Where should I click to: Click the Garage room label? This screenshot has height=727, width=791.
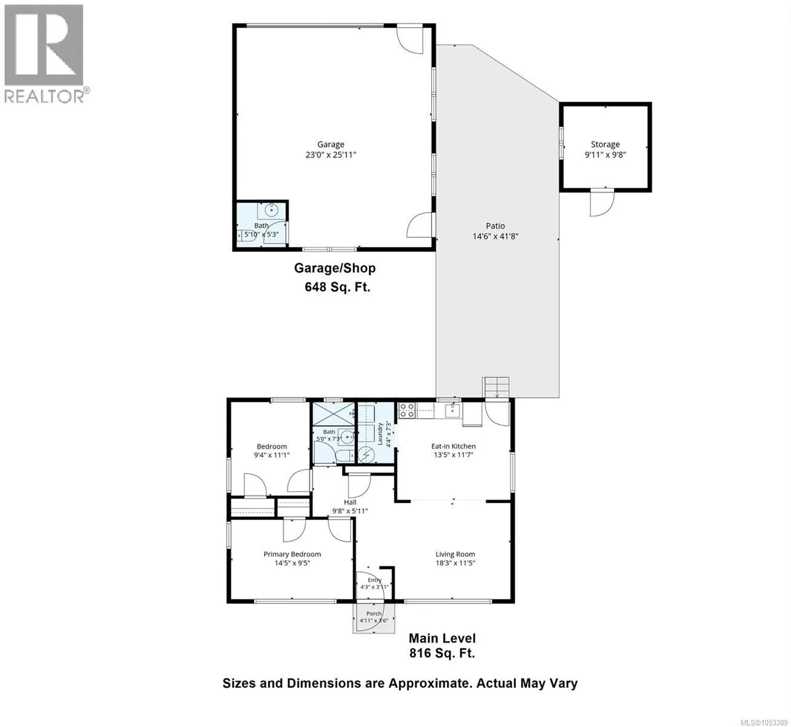click(x=331, y=144)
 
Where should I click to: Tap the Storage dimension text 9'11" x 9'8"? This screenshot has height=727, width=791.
click(x=605, y=154)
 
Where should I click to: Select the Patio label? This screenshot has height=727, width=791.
click(x=495, y=225)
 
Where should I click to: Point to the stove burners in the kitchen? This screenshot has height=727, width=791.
click(x=406, y=410)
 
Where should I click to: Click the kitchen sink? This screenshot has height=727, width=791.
click(x=452, y=410)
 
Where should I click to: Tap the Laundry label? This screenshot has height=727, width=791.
click(x=380, y=434)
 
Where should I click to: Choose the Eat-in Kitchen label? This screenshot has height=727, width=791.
click(x=453, y=446)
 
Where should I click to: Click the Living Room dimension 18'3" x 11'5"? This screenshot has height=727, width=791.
click(x=455, y=562)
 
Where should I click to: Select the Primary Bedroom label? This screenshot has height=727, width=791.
click(x=292, y=554)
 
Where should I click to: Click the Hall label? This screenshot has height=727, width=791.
click(x=349, y=502)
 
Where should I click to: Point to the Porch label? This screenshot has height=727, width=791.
click(x=374, y=613)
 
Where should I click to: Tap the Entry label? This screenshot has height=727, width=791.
click(x=374, y=580)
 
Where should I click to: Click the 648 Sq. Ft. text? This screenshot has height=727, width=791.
click(x=337, y=287)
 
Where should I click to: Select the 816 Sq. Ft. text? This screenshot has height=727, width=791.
click(x=442, y=653)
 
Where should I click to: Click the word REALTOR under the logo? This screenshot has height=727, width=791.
click(x=44, y=96)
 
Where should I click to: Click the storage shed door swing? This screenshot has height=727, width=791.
click(x=602, y=202)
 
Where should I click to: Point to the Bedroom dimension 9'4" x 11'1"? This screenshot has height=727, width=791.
click(x=272, y=455)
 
